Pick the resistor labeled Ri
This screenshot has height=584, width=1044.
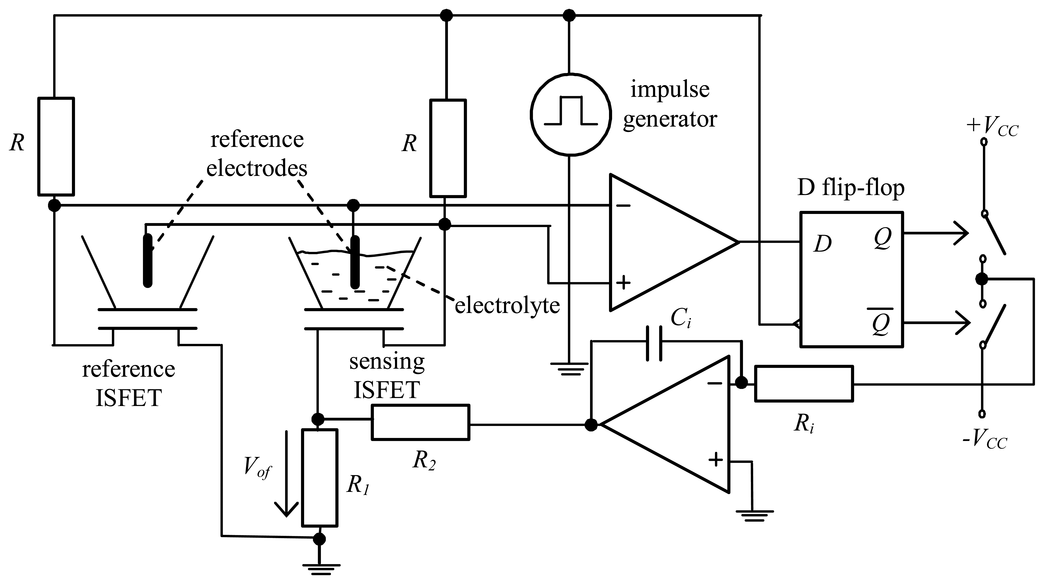pyautogui.click(x=804, y=384)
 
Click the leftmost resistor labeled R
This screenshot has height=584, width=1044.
pyautogui.click(x=56, y=146)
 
